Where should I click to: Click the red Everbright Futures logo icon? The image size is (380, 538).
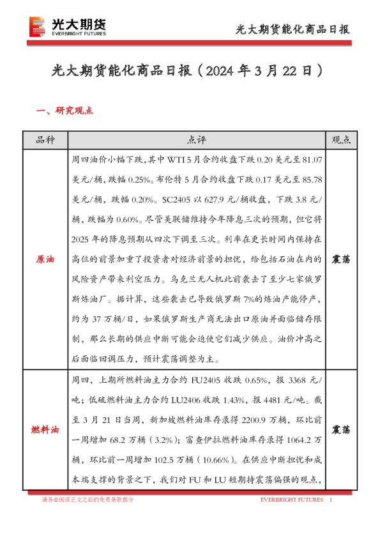click(x=38, y=26)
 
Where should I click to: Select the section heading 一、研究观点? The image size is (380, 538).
click(x=65, y=110)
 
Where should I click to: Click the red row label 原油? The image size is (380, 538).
click(x=45, y=260)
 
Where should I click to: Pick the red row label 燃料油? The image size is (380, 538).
click(x=45, y=430)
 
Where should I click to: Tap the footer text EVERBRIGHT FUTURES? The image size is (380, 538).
click(x=291, y=500)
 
